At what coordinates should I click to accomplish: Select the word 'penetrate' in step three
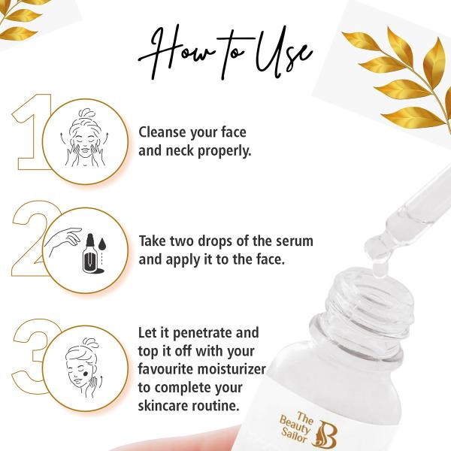coord(225,332)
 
